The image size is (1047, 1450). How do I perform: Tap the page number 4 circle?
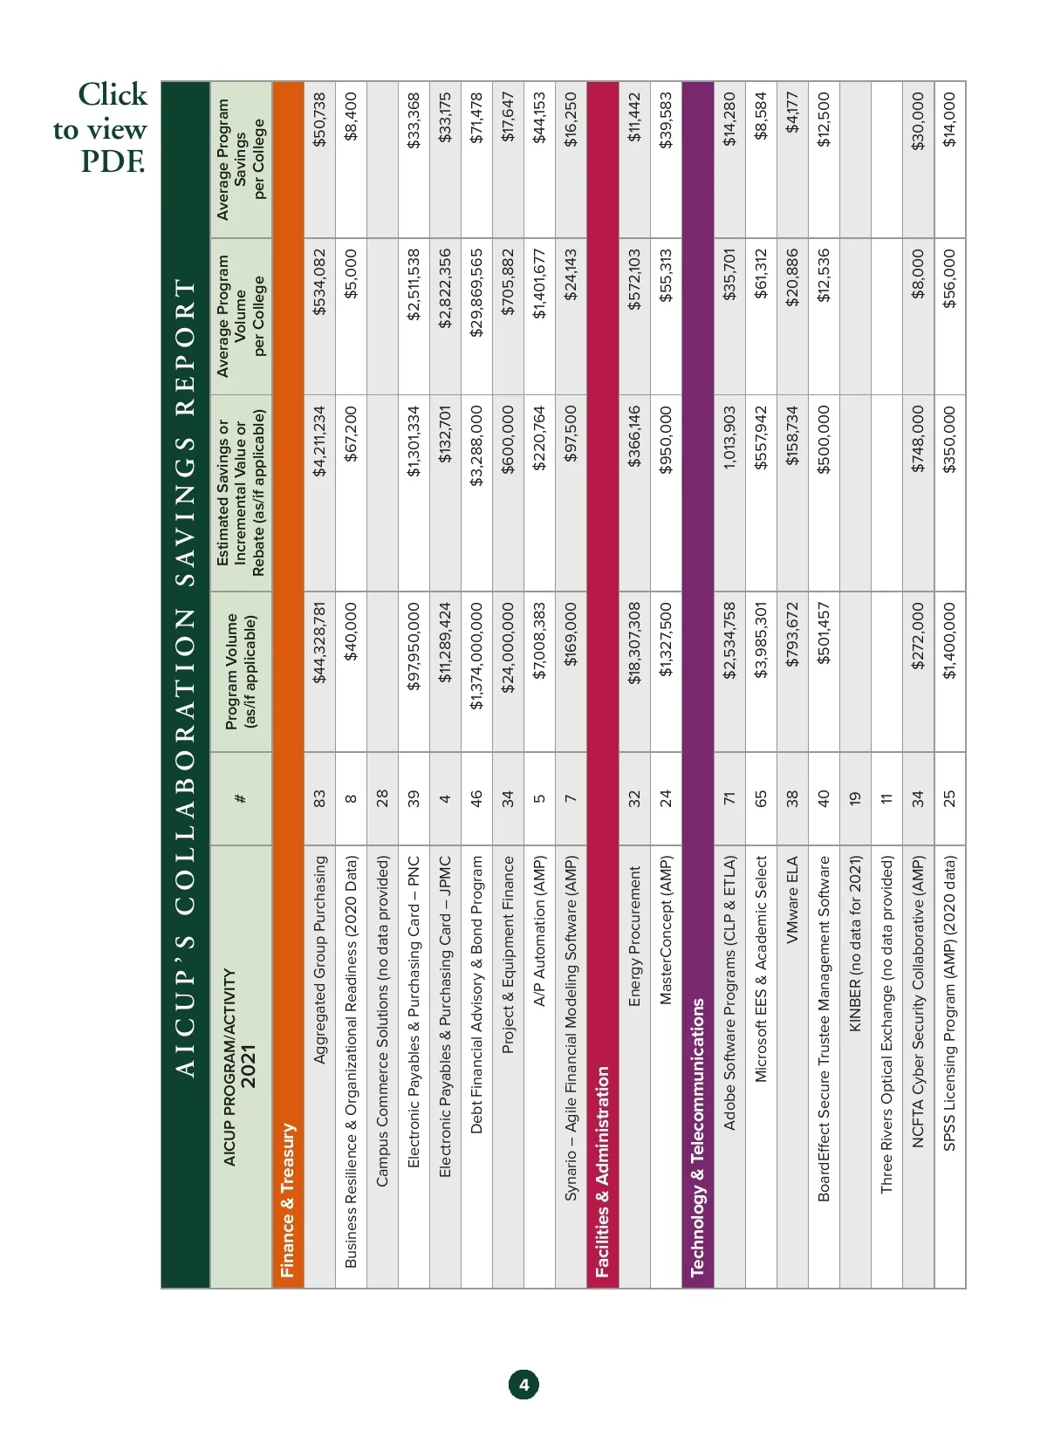coord(523,1385)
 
